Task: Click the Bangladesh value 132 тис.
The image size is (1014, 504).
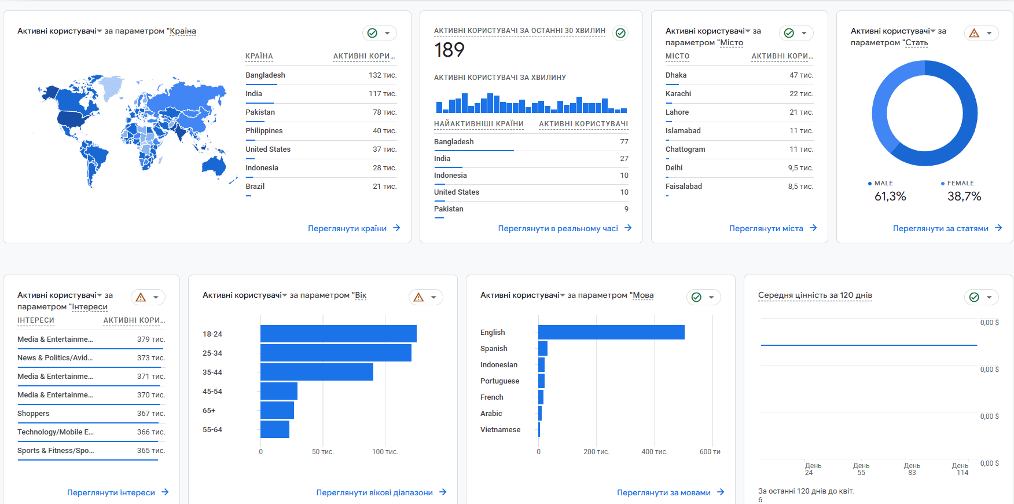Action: pos(383,75)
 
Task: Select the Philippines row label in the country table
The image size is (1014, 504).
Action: pos(264,131)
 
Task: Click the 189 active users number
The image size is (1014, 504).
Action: pos(450,50)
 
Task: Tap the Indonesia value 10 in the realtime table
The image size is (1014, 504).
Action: pos(624,176)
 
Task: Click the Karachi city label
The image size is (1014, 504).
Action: pos(678,94)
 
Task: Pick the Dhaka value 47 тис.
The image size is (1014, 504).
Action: pos(801,75)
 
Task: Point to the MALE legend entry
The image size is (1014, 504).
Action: pos(880,183)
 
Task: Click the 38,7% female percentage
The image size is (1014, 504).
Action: pos(964,196)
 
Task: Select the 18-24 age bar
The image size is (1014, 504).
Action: pos(339,334)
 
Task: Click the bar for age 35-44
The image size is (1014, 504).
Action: pos(317,372)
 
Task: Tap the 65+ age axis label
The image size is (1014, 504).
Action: pos(209,411)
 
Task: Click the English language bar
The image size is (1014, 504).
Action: pos(611,332)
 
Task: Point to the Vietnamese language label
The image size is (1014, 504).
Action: pos(500,430)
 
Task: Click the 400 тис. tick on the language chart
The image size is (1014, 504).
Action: pos(655,452)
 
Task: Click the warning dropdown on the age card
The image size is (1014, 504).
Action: pos(426,297)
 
